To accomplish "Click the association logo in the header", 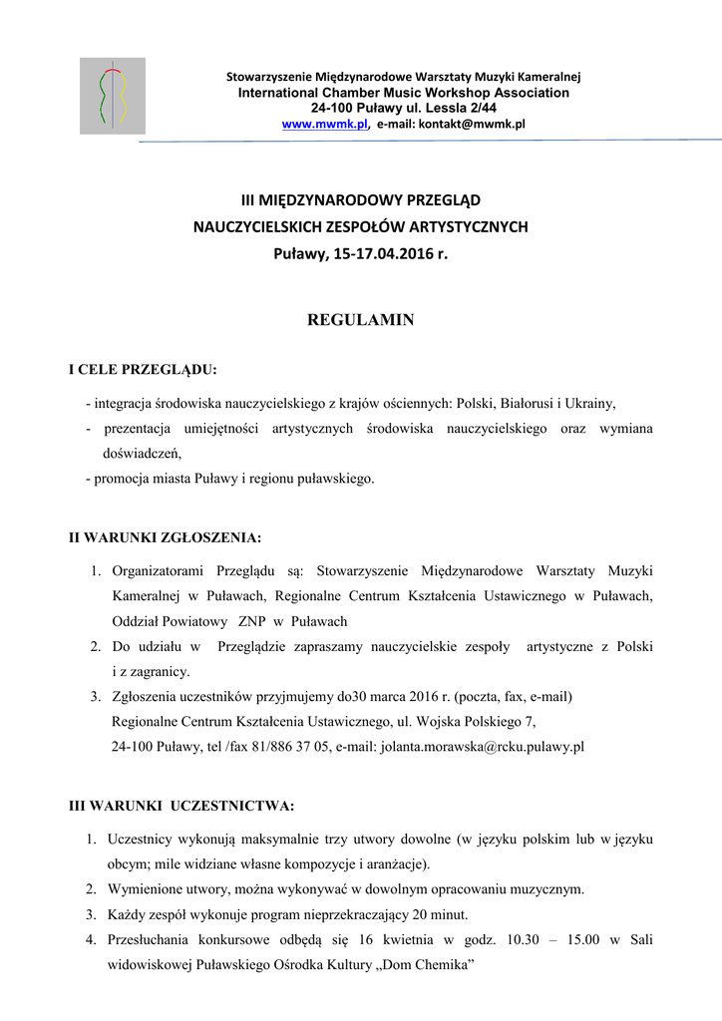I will tap(113, 96).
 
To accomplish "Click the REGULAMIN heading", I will tap(360, 320).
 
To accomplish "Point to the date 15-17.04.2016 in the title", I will tap(383, 254).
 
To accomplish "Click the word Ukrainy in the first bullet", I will tap(591, 404).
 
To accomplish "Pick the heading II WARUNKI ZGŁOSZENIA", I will tap(165, 537).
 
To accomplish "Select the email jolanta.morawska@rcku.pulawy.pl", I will tap(484, 746).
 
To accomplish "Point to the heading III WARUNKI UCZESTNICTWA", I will tap(180, 805).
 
